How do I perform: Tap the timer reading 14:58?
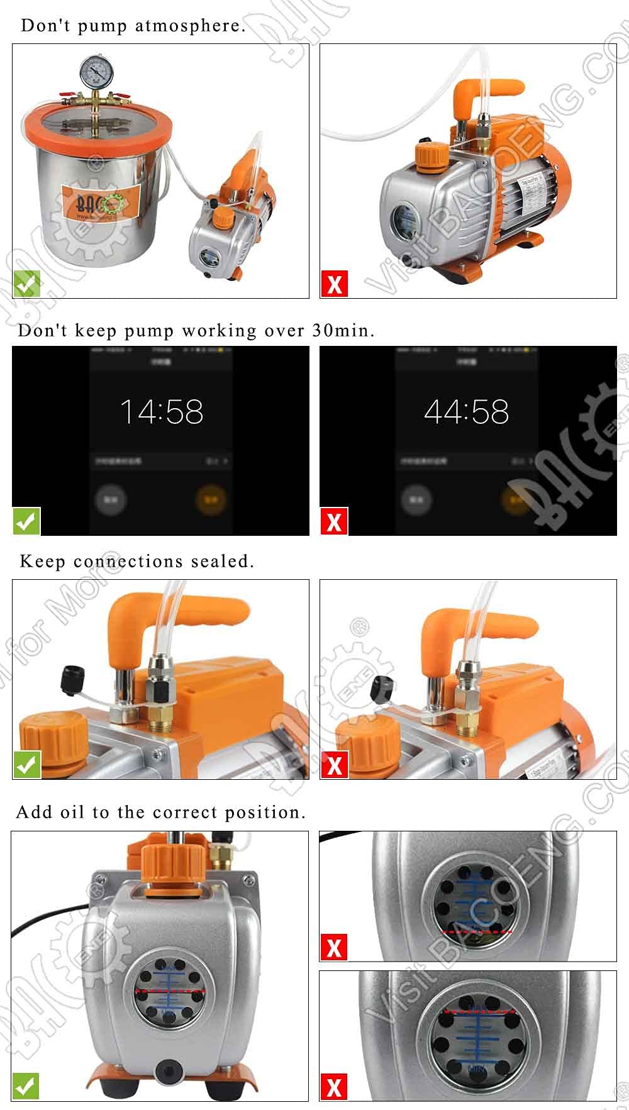[162, 412]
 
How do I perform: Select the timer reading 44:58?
[466, 412]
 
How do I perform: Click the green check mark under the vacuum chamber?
[26, 284]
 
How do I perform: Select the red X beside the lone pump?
[334, 284]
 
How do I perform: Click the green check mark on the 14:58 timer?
[26, 521]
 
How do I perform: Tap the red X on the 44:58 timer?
[334, 521]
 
